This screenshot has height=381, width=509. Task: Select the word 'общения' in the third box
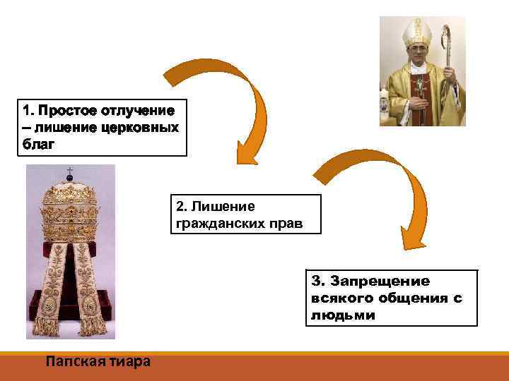[411, 298]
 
